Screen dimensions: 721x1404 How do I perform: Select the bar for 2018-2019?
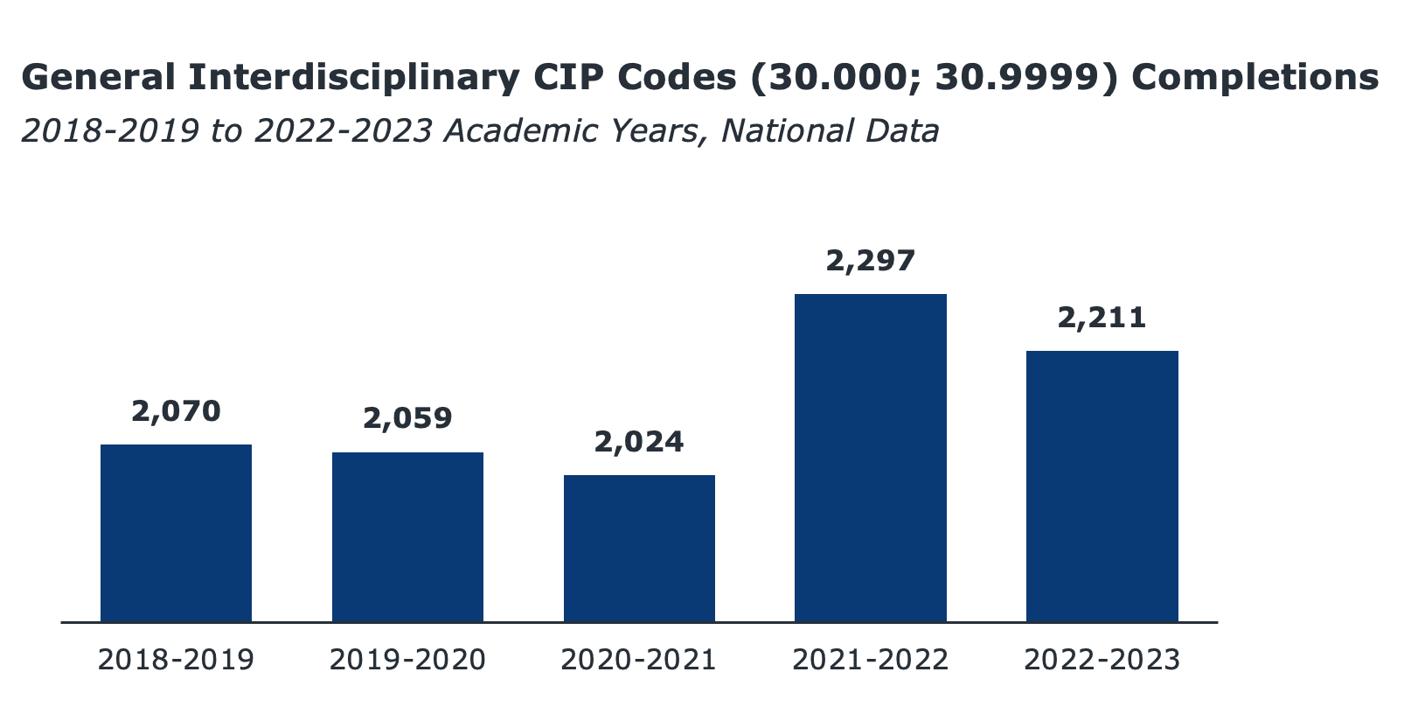[176, 533]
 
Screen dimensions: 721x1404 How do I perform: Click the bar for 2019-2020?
[407, 536]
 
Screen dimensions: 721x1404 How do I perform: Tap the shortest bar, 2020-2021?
[639, 548]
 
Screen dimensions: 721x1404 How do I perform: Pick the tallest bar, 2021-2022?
[870, 458]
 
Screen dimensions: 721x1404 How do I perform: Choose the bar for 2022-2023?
[1102, 486]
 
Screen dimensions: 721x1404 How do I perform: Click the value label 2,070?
[176, 410]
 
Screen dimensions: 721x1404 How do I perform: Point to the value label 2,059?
[407, 418]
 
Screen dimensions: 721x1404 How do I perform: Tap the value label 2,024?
[639, 442]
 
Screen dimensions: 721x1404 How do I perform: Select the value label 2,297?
[870, 260]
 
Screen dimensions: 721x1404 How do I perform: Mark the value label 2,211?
[1102, 318]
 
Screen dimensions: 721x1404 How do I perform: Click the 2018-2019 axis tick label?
[176, 660]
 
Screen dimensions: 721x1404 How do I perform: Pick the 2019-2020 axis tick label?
[407, 660]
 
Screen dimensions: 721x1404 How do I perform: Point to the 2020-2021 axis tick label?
[639, 660]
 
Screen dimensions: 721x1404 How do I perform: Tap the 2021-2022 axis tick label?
[870, 660]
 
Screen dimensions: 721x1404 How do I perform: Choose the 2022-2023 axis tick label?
[1102, 660]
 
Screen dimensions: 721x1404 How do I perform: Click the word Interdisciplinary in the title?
[354, 79]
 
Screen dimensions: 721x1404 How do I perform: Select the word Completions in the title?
[1255, 79]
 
